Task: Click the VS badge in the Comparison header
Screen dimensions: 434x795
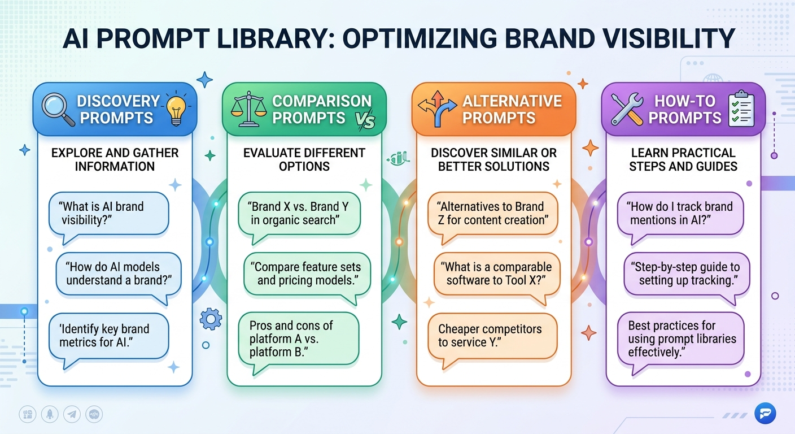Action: tap(366, 121)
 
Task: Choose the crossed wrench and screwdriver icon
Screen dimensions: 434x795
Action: tap(627, 108)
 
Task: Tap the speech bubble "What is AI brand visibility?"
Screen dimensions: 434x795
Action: tap(108, 214)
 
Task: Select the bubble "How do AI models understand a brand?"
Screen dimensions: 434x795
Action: tap(119, 274)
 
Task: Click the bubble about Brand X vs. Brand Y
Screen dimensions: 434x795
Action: tap(299, 214)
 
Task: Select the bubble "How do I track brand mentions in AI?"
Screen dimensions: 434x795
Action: tap(679, 214)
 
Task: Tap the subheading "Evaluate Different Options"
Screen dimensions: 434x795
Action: tap(304, 159)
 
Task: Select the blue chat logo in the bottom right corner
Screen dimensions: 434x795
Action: tap(765, 414)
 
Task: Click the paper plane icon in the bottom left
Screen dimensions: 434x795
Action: tap(72, 414)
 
